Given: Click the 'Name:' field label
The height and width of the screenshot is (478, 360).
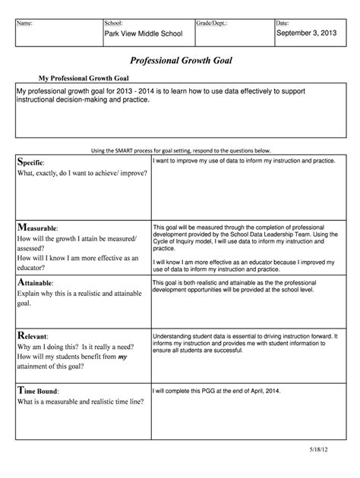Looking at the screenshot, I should point(25,24).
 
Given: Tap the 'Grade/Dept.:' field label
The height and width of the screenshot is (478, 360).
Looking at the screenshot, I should point(212,24).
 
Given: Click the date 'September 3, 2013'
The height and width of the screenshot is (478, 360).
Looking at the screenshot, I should point(307,35).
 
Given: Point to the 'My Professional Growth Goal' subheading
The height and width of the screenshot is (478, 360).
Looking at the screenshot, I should point(84,79).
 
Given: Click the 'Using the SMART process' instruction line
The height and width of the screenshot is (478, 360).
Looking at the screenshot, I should point(180,150).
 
